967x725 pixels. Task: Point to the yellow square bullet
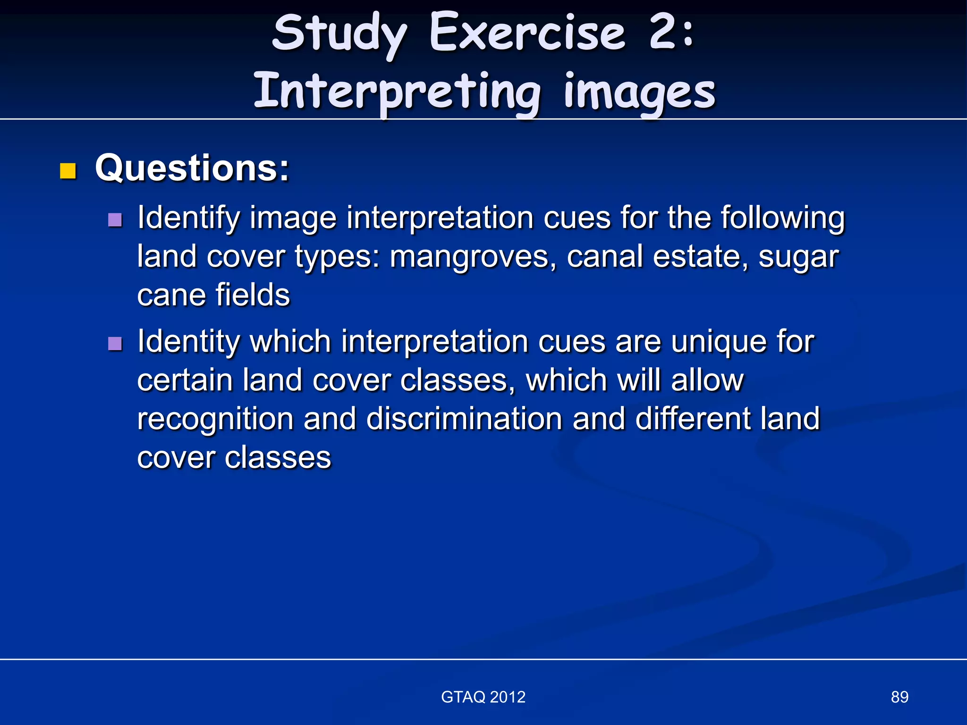click(68, 171)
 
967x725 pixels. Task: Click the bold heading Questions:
click(192, 168)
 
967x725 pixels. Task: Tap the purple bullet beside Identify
click(115, 219)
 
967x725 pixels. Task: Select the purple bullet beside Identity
click(115, 343)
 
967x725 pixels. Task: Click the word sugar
click(798, 257)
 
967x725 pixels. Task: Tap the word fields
click(253, 295)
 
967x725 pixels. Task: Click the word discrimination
click(464, 419)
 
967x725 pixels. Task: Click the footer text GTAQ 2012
click(483, 697)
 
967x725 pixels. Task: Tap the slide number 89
click(899, 697)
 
